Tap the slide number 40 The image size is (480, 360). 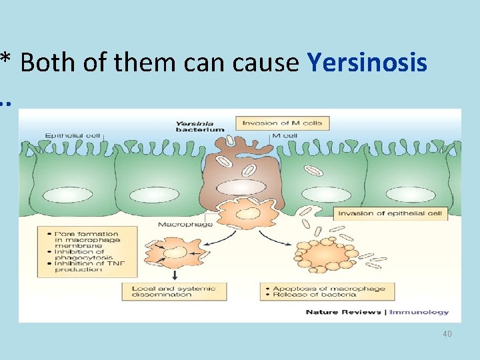[x=447, y=333]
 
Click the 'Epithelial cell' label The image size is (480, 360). [x=73, y=135]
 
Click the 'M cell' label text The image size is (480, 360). [x=285, y=135]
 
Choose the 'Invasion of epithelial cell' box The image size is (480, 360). [x=391, y=214]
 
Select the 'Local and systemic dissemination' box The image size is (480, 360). [x=174, y=291]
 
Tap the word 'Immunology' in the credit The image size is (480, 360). [x=419, y=312]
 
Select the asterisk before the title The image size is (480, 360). [x=6, y=60]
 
